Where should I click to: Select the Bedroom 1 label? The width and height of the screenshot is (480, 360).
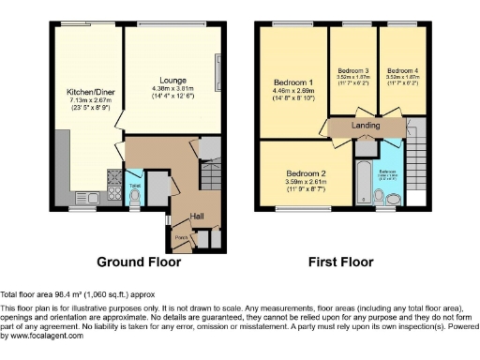click(x=292, y=81)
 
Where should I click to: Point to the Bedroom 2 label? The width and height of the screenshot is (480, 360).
click(x=306, y=173)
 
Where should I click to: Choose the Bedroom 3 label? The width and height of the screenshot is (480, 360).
click(x=352, y=70)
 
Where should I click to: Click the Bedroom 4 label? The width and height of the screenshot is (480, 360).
click(x=402, y=70)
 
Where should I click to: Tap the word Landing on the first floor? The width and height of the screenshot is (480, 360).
click(x=365, y=124)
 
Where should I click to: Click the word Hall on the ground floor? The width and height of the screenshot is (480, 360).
click(x=197, y=217)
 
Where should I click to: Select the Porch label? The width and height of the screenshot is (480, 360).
click(x=181, y=237)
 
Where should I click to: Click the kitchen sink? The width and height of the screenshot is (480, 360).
click(x=113, y=194)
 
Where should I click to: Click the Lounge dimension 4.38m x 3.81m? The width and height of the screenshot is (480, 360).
click(x=172, y=90)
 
